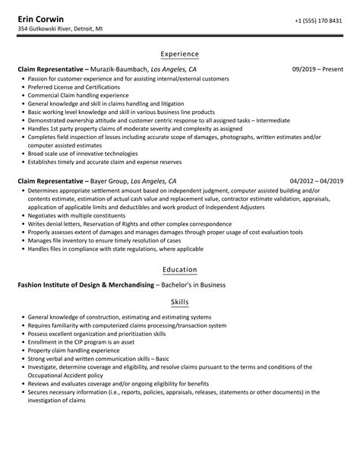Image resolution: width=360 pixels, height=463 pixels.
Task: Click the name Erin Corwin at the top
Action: coord(43,18)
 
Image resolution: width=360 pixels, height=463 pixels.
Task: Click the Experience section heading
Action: coord(180,54)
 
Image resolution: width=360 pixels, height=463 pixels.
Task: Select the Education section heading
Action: coord(180,270)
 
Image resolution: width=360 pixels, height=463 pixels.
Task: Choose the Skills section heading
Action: coord(180,303)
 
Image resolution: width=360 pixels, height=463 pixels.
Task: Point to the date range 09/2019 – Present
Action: coord(317,69)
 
